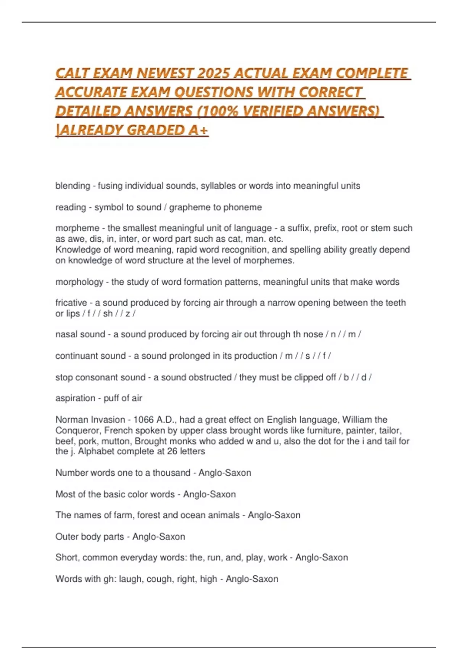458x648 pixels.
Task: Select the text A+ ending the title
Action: pyautogui.click(x=198, y=130)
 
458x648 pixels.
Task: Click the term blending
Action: pyautogui.click(x=73, y=186)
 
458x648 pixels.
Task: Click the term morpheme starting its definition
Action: pyautogui.click(x=77, y=228)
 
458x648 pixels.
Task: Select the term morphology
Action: pyautogui.click(x=79, y=282)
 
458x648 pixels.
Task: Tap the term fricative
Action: pyautogui.click(x=71, y=303)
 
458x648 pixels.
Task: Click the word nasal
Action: pyautogui.click(x=66, y=334)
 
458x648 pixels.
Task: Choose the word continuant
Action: pyautogui.click(x=74, y=356)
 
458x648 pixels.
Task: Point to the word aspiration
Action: pyautogui.click(x=75, y=398)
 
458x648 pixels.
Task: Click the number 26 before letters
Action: pyautogui.click(x=172, y=451)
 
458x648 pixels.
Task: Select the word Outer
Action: pyautogui.click(x=66, y=537)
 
